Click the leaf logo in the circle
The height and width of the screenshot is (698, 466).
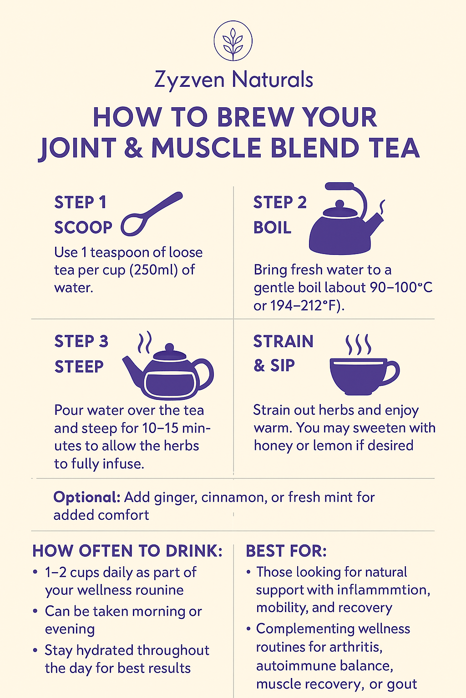233,40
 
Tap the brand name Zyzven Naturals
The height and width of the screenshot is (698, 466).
233,80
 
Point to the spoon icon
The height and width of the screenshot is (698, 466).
152,214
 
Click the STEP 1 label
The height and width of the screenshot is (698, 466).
80,202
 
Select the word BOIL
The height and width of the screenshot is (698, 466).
272,228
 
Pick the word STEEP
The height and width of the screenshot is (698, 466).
79,366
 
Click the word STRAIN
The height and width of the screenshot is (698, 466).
283,341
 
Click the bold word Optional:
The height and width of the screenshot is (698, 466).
87,497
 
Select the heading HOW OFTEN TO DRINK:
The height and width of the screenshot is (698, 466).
127,551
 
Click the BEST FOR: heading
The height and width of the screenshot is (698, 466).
286,551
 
